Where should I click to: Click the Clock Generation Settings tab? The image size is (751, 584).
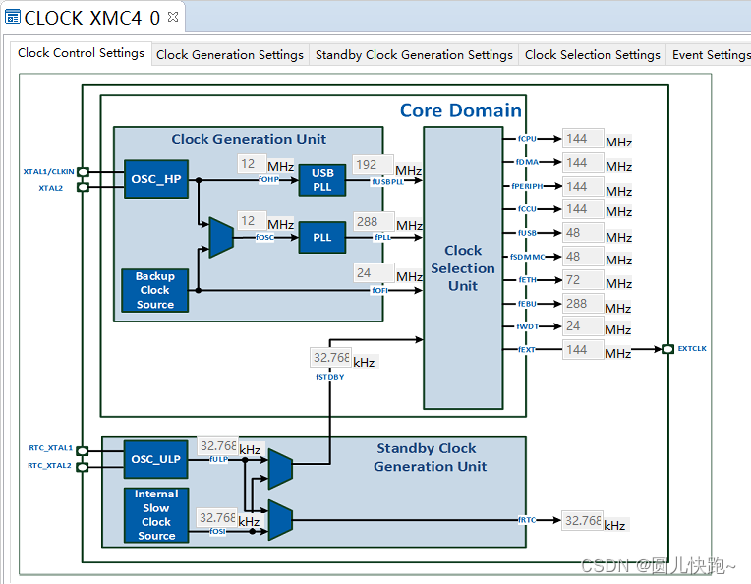click(230, 55)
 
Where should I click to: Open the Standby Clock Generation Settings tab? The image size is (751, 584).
click(414, 55)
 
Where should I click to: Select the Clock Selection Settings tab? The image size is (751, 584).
click(592, 55)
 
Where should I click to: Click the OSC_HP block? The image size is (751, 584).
click(155, 179)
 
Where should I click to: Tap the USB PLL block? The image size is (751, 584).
click(322, 180)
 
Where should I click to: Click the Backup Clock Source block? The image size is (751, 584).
click(155, 291)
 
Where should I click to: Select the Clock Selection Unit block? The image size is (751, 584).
click(463, 267)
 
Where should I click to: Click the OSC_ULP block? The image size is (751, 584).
click(155, 458)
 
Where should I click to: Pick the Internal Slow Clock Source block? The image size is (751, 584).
click(155, 515)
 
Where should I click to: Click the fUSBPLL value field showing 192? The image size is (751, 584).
click(373, 165)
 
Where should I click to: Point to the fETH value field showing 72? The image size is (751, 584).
click(582, 280)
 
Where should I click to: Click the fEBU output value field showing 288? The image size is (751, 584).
click(582, 304)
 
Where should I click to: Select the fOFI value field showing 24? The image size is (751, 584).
click(373, 273)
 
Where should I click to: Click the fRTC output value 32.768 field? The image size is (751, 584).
click(582, 520)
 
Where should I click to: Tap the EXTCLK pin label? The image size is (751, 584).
click(692, 349)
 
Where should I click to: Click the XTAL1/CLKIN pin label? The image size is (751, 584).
click(48, 171)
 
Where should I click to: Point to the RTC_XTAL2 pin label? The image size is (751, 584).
click(49, 466)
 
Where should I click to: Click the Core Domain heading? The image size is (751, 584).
click(460, 110)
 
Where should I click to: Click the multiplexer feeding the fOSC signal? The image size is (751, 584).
click(221, 237)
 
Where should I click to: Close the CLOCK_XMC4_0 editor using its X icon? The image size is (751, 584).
click(173, 17)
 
